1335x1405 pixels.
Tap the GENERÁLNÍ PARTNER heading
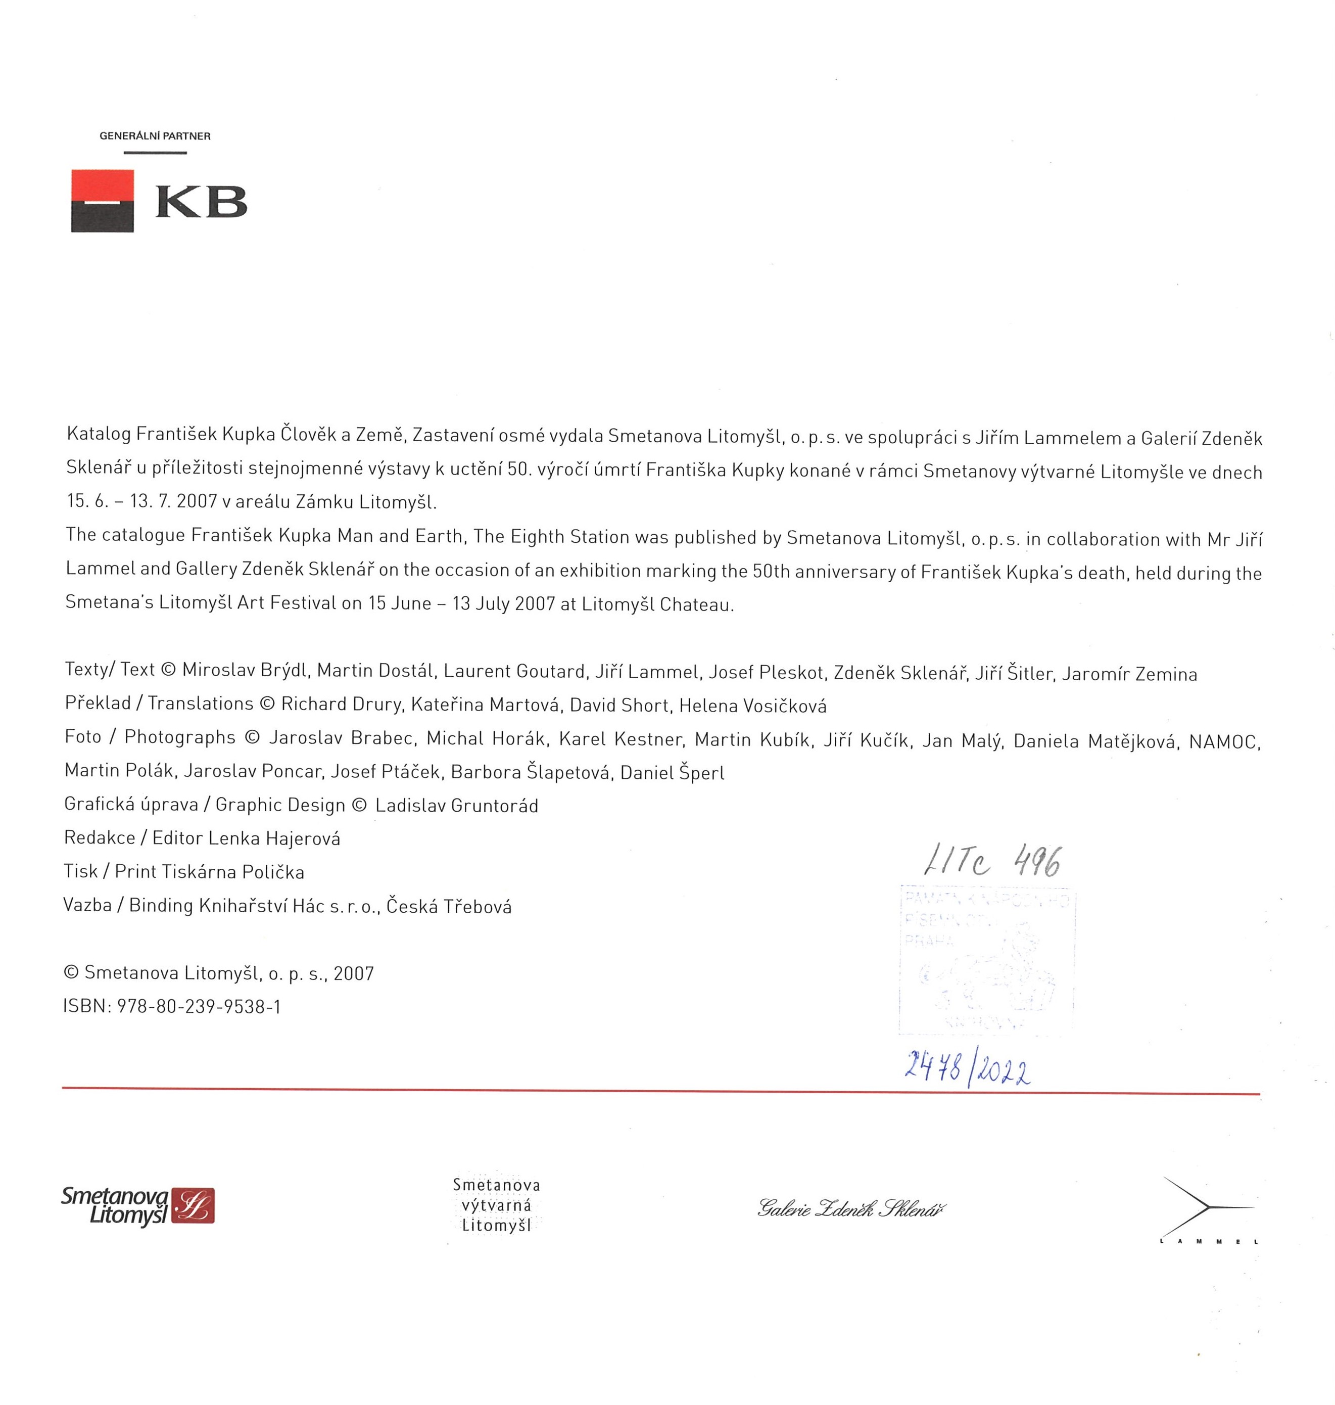point(155,136)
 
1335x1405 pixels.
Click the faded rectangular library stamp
point(987,959)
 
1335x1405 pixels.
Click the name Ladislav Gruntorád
point(456,806)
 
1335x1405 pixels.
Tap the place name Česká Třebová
point(449,906)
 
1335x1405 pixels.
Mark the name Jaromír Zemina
point(1129,673)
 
